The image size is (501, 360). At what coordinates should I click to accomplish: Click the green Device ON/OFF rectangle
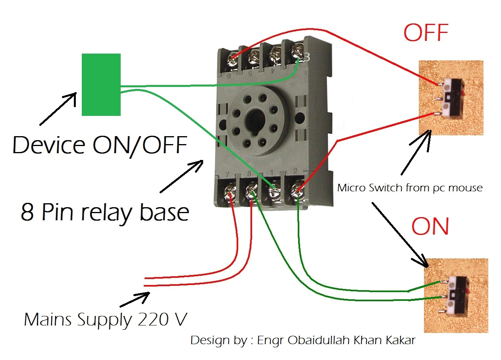coord(101,85)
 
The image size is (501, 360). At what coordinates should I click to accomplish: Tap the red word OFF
coord(426,33)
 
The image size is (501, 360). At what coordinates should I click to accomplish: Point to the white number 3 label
coord(306,58)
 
